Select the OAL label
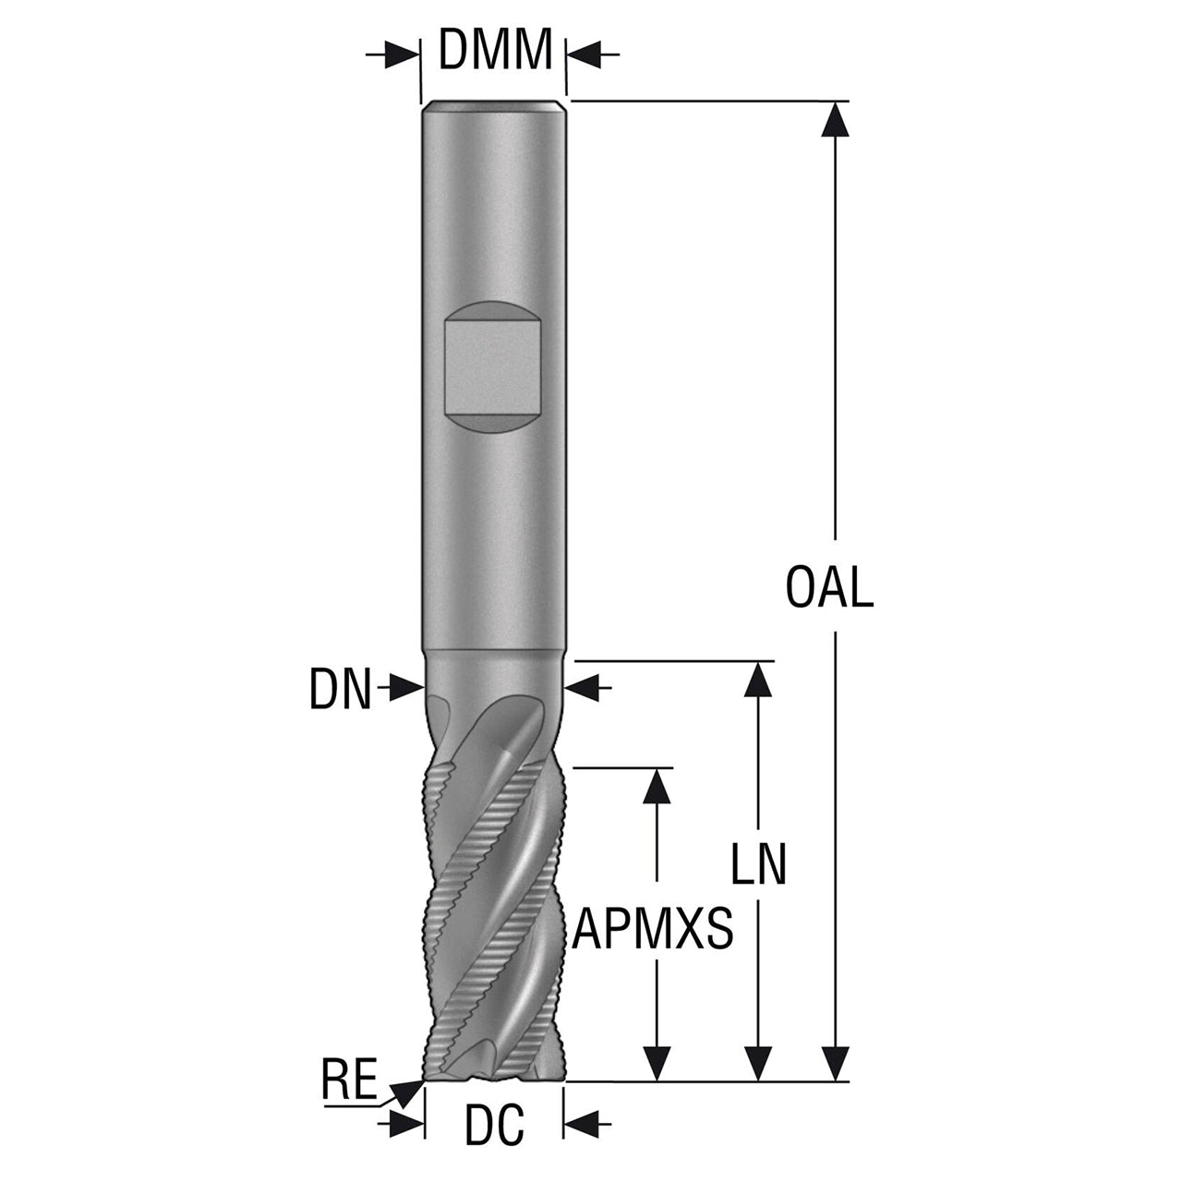(829, 587)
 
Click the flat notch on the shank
(493, 367)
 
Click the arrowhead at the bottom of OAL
(835, 1062)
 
